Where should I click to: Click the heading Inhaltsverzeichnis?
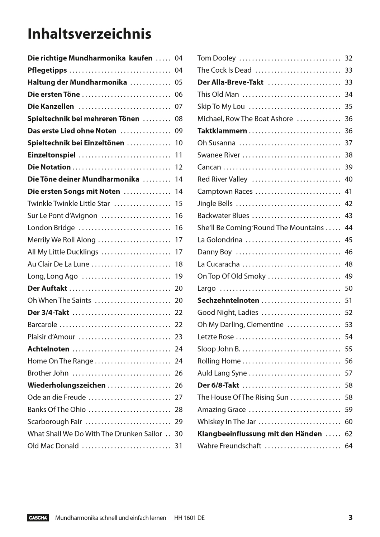[89, 34]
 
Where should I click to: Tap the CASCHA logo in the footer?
[38, 518]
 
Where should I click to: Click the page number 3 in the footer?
[350, 517]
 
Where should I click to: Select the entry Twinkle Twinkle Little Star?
[68, 204]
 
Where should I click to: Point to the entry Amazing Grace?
[222, 410]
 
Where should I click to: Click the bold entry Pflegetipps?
[47, 71]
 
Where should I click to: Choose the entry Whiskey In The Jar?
[227, 422]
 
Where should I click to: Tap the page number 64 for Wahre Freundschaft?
[348, 446]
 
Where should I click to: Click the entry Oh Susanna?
[216, 143]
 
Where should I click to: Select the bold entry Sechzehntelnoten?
[228, 301]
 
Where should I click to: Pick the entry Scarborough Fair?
[54, 422]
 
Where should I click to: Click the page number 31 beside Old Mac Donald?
[179, 446]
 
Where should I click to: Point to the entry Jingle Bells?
[215, 204]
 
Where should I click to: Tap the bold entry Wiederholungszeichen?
[66, 386]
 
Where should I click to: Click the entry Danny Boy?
[214, 252]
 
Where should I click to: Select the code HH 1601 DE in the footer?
[189, 518]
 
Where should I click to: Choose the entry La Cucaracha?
[218, 264]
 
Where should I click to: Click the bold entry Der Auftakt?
[47, 289]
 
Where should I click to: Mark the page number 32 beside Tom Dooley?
[348, 58]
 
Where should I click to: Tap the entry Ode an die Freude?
[57, 397]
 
